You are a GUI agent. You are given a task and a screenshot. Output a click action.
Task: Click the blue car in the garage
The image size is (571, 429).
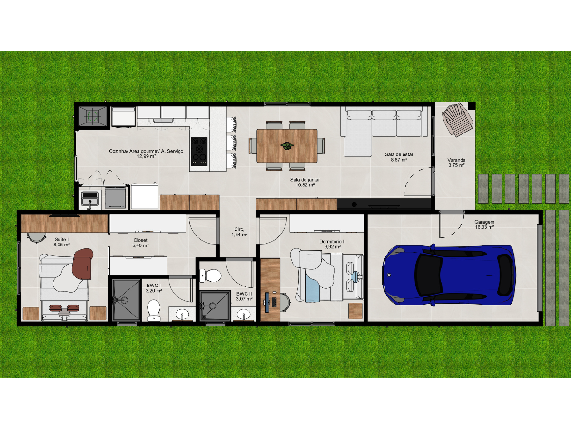click(449, 275)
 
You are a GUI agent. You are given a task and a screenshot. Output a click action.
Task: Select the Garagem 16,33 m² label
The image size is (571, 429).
click(484, 224)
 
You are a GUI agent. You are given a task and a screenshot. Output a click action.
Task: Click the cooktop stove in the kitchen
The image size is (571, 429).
click(199, 152)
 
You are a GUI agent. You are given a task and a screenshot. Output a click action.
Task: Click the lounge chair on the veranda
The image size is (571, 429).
click(457, 120)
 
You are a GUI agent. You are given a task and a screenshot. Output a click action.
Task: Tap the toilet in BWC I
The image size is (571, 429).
click(154, 310)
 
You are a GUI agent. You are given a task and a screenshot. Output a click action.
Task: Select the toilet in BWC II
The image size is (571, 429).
click(210, 276)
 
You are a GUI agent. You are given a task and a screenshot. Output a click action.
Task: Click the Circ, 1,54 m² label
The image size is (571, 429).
click(239, 232)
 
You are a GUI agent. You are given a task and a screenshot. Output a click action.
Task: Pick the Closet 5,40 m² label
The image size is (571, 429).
click(140, 243)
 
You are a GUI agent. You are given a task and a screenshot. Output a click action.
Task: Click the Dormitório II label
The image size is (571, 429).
click(333, 242)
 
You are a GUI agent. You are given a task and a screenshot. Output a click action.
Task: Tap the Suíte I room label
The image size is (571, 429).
click(62, 239)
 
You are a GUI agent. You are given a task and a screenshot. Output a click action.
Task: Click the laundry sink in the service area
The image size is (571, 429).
click(90, 199)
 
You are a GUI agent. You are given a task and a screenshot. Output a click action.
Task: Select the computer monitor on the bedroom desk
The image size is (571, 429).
click(266, 302)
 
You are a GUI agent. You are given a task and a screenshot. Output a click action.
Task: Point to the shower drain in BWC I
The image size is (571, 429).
click(124, 300)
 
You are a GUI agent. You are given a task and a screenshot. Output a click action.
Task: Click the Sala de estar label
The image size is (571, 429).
click(399, 154)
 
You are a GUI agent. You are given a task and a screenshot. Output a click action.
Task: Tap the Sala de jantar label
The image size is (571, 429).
click(305, 180)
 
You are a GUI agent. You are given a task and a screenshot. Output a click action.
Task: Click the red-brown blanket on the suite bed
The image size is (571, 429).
click(83, 264)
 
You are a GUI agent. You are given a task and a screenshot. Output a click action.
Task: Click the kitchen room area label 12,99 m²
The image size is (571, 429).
click(147, 156)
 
